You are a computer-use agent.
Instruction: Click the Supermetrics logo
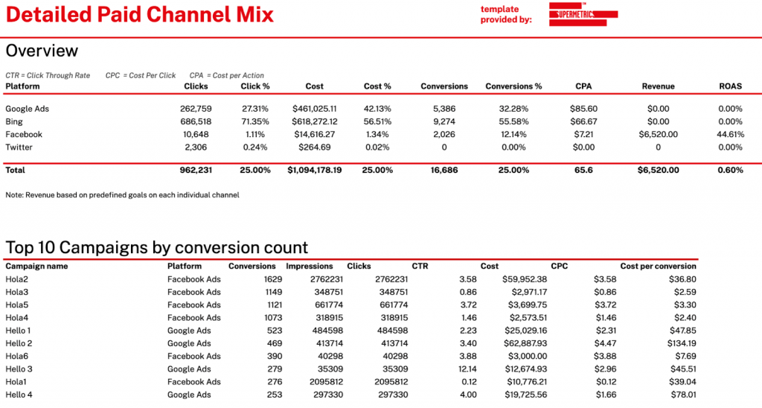(x=583, y=14)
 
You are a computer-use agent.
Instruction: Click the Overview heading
(x=42, y=51)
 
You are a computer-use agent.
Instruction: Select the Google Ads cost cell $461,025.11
(x=315, y=109)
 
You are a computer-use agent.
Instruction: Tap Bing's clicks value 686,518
(x=196, y=121)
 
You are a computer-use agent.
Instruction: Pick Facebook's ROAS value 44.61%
(x=731, y=135)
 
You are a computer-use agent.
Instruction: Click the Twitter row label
(x=19, y=147)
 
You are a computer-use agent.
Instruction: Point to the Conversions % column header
(x=513, y=86)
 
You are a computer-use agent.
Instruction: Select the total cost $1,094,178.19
(x=315, y=170)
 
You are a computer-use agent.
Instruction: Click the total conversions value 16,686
(x=444, y=170)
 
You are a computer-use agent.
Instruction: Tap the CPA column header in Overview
(x=583, y=86)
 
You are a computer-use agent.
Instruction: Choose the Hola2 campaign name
(x=17, y=279)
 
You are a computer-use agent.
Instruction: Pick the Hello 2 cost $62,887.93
(x=525, y=343)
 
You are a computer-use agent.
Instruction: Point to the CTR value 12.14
(x=467, y=369)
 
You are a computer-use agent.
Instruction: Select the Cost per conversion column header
(x=658, y=267)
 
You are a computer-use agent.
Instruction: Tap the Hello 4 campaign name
(x=19, y=395)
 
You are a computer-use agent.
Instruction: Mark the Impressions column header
(x=310, y=267)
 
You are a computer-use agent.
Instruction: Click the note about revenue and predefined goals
(x=123, y=195)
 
